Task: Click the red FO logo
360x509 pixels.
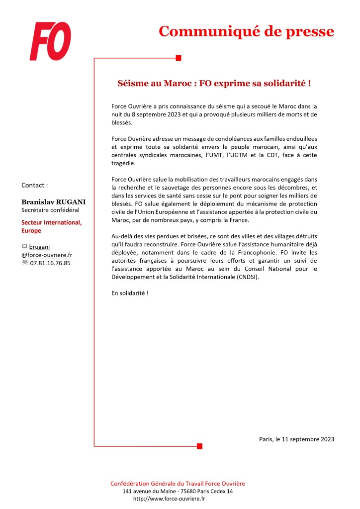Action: [50, 41]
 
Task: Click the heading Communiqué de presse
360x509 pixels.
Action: [246, 31]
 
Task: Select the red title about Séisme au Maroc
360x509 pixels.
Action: [213, 83]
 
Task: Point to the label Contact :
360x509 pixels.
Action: [35, 185]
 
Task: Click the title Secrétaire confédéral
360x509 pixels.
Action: [50, 210]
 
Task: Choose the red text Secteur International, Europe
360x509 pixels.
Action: [52, 226]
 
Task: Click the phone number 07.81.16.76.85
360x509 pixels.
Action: [50, 263]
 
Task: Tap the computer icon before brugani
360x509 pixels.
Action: [24, 246]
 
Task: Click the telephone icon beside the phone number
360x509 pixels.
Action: [25, 263]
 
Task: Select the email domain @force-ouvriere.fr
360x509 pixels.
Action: [47, 255]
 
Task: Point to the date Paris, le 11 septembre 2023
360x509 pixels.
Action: [296, 439]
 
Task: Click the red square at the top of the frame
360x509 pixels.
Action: [179, 58]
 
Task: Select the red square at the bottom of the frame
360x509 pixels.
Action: [199, 446]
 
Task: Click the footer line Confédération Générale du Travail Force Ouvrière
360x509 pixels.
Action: [178, 483]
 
